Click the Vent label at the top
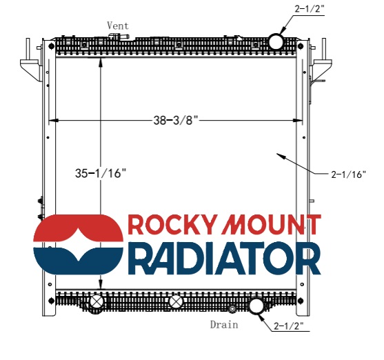click(x=118, y=26)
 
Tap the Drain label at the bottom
click(x=224, y=325)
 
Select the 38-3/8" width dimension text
click(x=176, y=120)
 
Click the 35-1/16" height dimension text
click(x=101, y=173)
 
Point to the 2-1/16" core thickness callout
click(x=348, y=174)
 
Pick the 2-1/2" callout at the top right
click(x=310, y=9)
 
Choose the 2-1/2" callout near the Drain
click(x=289, y=326)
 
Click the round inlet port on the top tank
click(x=276, y=42)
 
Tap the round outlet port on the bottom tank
click(x=256, y=306)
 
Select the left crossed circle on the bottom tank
click(x=97, y=301)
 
